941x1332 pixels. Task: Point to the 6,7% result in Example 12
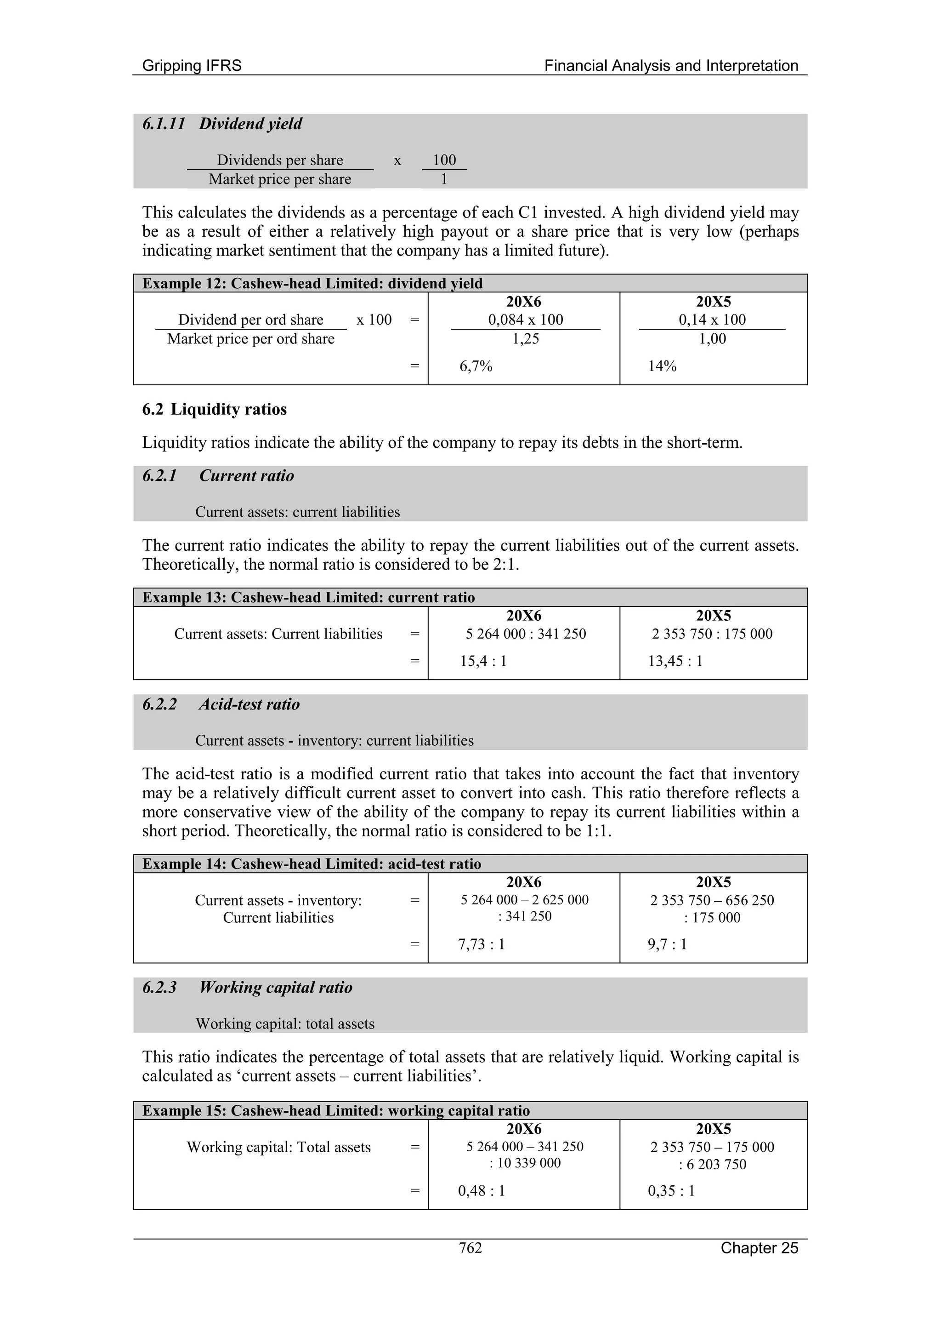[x=476, y=366]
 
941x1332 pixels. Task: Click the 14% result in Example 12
[x=662, y=366]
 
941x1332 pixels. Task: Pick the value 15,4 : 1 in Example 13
[x=483, y=661]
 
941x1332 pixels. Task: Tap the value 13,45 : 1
[x=675, y=661]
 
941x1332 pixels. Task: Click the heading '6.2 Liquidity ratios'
[x=214, y=409]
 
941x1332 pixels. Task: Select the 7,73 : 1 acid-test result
[x=481, y=944]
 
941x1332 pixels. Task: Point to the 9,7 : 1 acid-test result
[x=667, y=944]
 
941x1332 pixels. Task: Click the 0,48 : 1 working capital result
[x=481, y=1191]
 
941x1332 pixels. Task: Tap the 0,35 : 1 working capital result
[x=671, y=1191]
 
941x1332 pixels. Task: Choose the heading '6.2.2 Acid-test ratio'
[x=221, y=704]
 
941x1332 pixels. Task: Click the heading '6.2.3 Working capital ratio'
[x=247, y=988]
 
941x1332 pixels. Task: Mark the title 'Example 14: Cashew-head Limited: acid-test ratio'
[x=312, y=864]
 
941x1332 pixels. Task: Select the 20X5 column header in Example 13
[x=713, y=616]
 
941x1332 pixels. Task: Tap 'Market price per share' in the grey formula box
[x=280, y=179]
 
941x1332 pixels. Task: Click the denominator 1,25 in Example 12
[x=525, y=339]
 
